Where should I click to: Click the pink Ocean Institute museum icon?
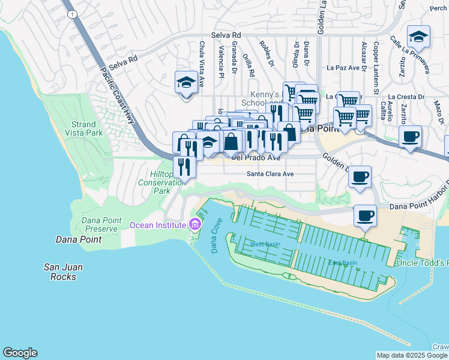click(194, 226)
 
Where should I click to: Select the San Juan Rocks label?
click(63, 272)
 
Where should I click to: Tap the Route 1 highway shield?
click(72, 14)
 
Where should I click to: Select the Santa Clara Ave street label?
click(270, 174)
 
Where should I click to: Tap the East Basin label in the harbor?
click(342, 263)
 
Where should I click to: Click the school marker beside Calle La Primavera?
click(418, 37)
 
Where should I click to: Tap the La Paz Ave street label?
click(343, 68)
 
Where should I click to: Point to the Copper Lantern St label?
click(376, 59)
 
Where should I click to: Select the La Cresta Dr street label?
click(406, 96)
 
